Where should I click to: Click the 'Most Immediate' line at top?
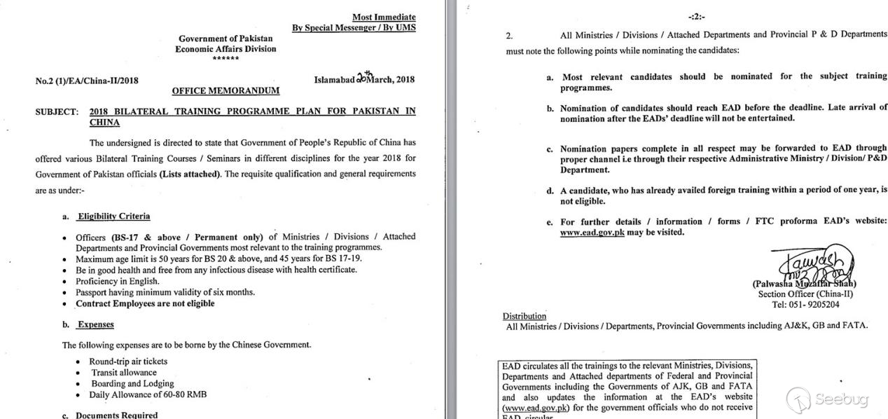point(383,17)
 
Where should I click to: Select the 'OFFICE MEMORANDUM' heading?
point(226,90)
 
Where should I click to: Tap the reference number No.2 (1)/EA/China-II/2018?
point(87,81)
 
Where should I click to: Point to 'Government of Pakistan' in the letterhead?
point(226,39)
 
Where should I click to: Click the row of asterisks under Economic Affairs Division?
point(226,59)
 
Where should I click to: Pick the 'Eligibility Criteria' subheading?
point(113,217)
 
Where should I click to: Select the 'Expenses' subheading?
point(95,324)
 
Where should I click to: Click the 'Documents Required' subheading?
point(117,415)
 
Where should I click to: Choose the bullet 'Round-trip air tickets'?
point(128,362)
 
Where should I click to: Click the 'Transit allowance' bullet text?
point(124,373)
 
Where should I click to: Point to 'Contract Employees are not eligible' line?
point(145,303)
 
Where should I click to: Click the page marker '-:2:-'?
point(696,16)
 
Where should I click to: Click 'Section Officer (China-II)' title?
point(805,294)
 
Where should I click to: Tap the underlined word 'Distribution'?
point(524,316)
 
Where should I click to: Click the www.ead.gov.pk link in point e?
point(592,232)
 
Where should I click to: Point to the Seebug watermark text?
point(841,399)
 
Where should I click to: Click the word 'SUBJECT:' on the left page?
point(57,111)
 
